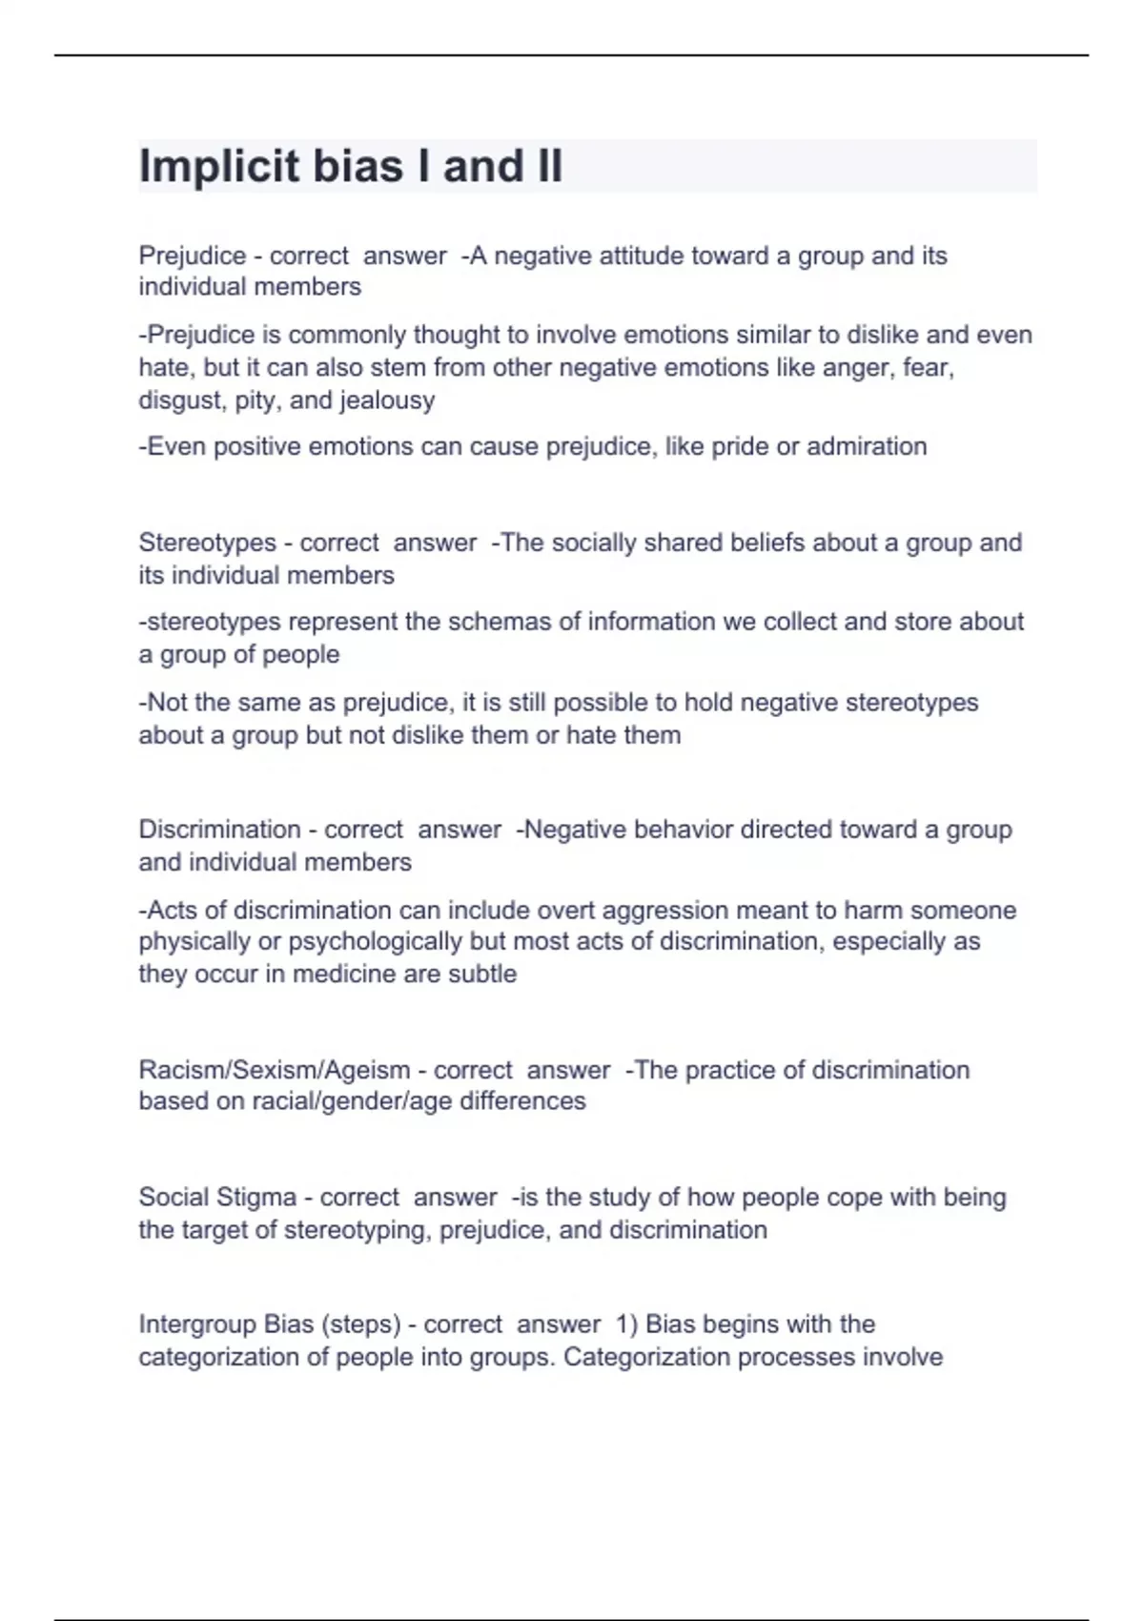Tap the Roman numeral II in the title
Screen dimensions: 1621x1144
(x=543, y=166)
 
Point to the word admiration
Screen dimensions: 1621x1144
(x=867, y=446)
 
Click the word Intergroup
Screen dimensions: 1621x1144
(x=197, y=1324)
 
